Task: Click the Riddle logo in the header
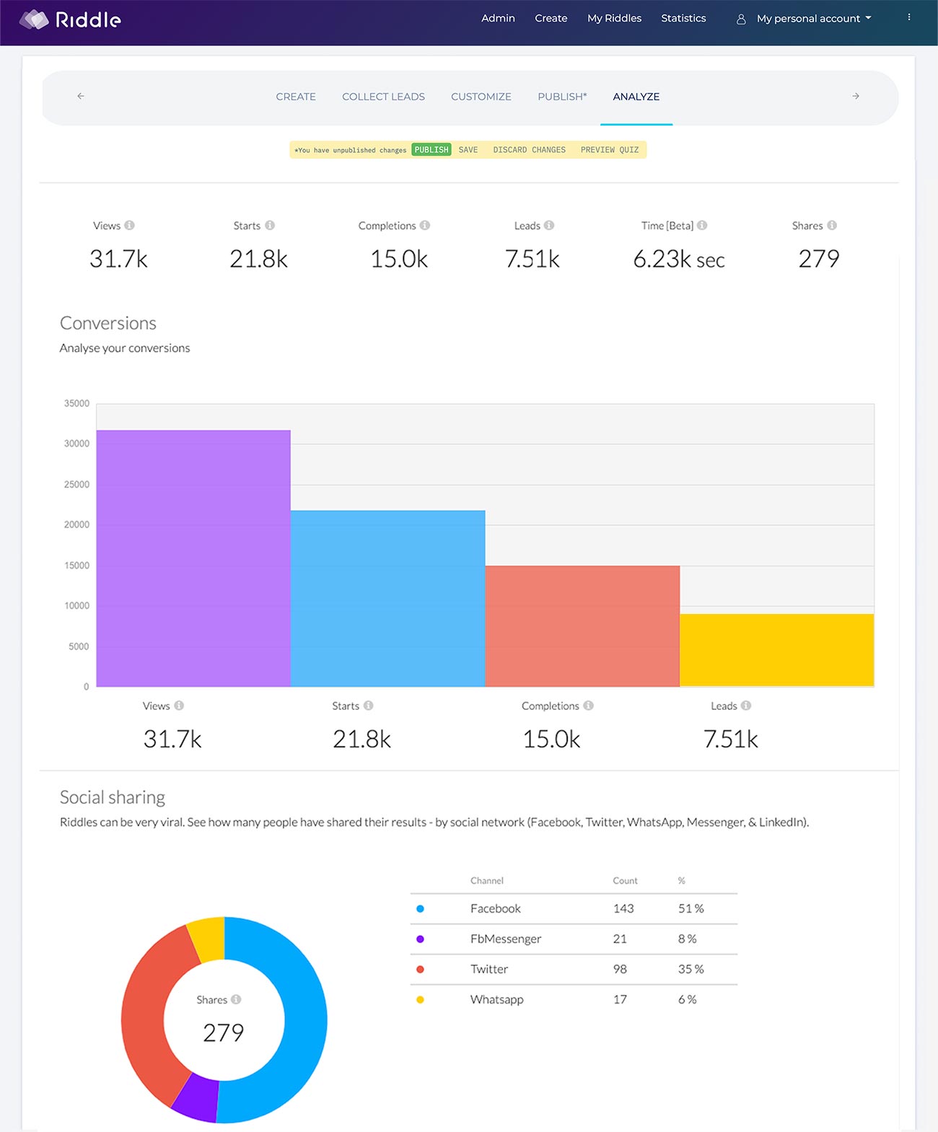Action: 70,19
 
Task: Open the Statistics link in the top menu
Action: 683,18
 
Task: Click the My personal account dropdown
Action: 807,19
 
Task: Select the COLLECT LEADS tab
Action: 383,97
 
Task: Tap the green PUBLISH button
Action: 431,150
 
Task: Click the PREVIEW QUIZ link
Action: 609,150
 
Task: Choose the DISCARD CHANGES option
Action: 529,150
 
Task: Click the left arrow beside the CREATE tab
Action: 81,96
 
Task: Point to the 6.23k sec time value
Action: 678,259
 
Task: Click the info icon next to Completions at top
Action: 425,225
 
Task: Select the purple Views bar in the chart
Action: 193,558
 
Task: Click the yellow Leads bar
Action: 776,650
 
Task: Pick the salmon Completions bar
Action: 582,626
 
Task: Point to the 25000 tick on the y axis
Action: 76,484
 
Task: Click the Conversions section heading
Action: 108,323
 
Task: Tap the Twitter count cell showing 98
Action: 620,969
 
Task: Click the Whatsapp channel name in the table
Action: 496,999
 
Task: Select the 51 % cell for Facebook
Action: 691,908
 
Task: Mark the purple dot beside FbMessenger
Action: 420,939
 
